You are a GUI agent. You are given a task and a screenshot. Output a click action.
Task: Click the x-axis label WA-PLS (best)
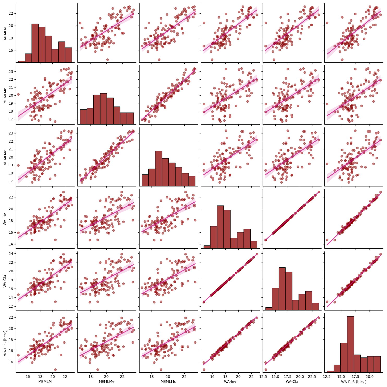click(x=354, y=382)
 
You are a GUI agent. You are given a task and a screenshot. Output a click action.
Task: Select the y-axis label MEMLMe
click(x=5, y=95)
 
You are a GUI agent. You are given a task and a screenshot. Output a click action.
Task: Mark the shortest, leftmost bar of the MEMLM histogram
click(x=22, y=62)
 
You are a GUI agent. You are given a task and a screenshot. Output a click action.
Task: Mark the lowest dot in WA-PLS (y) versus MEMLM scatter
click(x=55, y=370)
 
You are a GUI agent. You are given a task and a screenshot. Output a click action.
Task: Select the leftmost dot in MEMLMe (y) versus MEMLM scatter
click(x=18, y=94)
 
